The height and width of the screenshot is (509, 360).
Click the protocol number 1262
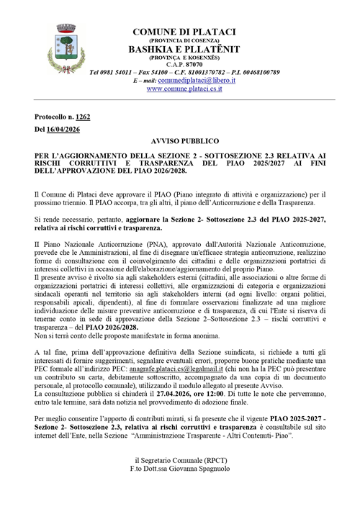[83, 116]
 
